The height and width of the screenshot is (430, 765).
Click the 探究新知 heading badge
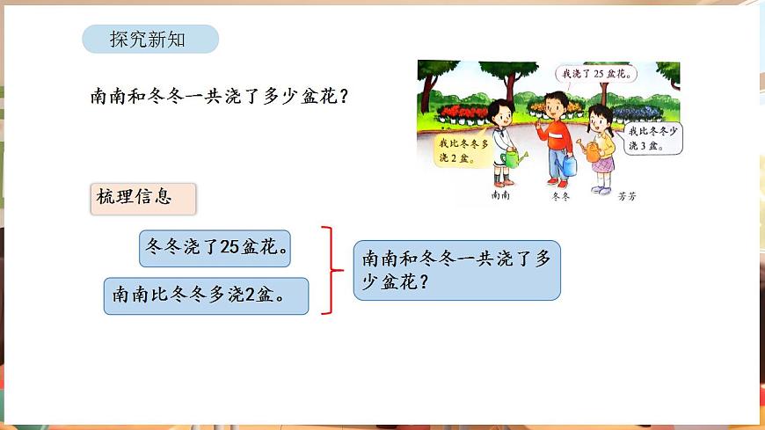pos(149,39)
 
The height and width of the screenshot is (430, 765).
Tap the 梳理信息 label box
pos(143,199)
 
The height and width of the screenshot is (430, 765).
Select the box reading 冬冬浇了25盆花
pos(215,248)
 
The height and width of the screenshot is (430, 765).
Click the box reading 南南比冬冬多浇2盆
pos(207,295)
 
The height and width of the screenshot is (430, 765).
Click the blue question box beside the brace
pos(456,270)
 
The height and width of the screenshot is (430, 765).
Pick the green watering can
pos(512,159)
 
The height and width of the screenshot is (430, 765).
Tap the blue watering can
pos(569,164)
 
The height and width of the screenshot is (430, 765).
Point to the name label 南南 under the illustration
pos(501,196)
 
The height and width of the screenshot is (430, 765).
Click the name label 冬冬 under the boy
pos(560,196)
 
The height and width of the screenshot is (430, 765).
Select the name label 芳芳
pos(626,196)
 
